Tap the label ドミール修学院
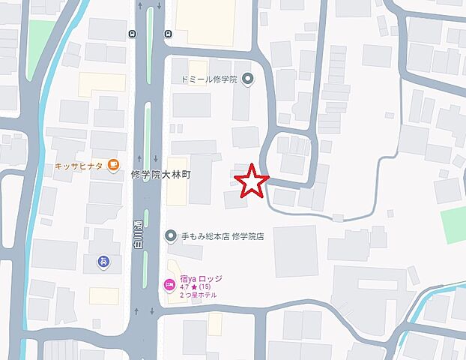(208, 79)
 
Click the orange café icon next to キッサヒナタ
(112, 165)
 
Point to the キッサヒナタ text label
(79, 166)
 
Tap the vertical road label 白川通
(138, 233)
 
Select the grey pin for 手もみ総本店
(170, 235)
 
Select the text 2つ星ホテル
(199, 295)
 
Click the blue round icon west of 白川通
(103, 262)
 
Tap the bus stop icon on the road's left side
(132, 34)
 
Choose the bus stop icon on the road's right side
(169, 34)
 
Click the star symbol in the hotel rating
(194, 287)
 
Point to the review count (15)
(206, 287)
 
